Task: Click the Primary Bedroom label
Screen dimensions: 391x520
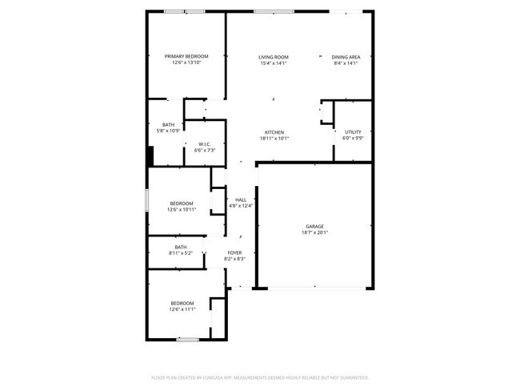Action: (x=186, y=56)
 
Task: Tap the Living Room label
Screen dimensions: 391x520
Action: (x=274, y=57)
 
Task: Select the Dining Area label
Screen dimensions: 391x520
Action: (x=346, y=57)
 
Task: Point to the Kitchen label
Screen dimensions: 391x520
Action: (x=274, y=132)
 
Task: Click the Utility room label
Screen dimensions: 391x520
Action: (x=353, y=131)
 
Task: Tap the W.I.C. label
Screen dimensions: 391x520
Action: (x=205, y=144)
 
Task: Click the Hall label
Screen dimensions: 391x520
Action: (x=240, y=200)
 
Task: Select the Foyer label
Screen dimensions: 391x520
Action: (x=234, y=252)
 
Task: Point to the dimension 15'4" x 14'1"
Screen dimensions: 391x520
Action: (x=274, y=63)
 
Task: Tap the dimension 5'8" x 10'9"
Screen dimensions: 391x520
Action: (x=168, y=131)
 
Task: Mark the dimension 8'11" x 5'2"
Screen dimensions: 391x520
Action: (x=181, y=253)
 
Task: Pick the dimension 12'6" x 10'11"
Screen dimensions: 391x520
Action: (x=182, y=210)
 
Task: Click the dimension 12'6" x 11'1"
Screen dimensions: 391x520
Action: (x=182, y=309)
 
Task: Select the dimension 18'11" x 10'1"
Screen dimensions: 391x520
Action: (x=274, y=139)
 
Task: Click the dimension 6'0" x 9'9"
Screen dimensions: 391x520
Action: (x=353, y=138)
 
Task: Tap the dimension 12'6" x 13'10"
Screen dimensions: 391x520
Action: (x=186, y=62)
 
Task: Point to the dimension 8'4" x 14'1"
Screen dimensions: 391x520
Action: (x=346, y=63)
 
